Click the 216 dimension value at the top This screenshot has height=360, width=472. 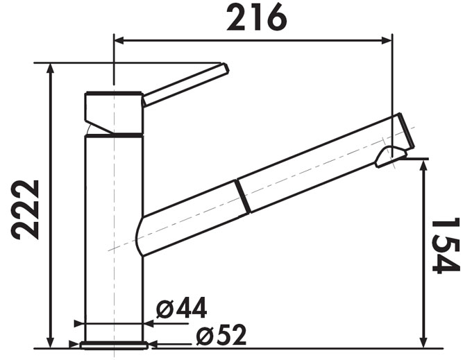click(x=256, y=18)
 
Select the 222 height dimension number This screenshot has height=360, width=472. click(x=26, y=209)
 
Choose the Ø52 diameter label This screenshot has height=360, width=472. click(x=221, y=336)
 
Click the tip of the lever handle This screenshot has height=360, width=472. click(x=224, y=68)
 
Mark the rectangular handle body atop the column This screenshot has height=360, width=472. click(x=113, y=111)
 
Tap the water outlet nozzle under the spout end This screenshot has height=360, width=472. click(x=387, y=158)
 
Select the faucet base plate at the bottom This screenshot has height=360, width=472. click(x=113, y=345)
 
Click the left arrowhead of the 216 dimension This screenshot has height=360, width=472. click(x=119, y=40)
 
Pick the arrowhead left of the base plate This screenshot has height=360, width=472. click(x=75, y=344)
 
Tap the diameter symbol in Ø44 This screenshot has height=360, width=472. click(x=165, y=308)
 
